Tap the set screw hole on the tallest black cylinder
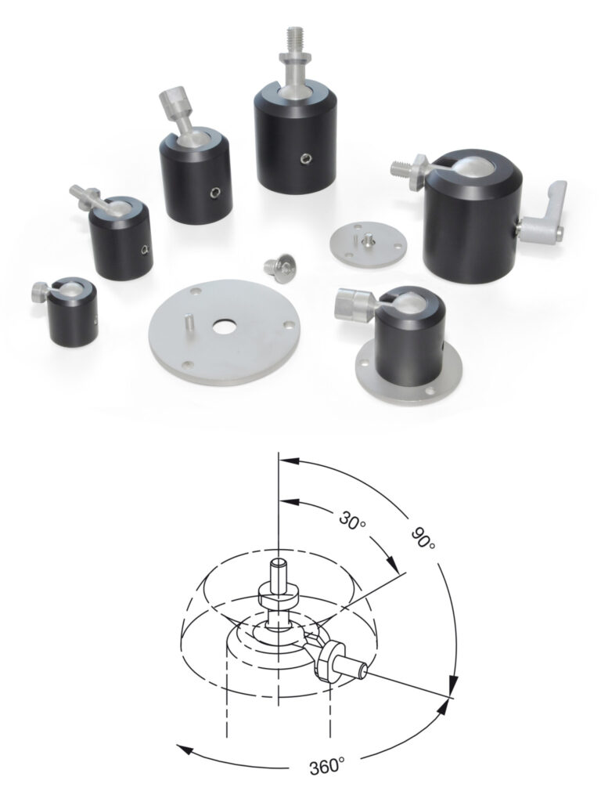coord(305,161)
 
